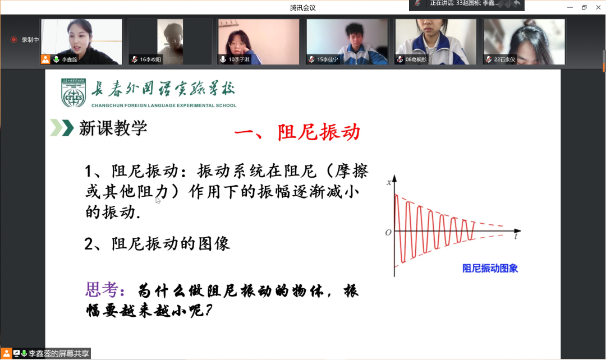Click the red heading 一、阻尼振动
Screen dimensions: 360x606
pos(297,133)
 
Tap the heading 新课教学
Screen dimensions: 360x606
pos(113,128)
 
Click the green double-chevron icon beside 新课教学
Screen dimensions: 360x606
pos(62,128)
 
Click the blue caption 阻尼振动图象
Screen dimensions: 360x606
pos(490,268)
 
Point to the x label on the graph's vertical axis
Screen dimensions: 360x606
pos(388,182)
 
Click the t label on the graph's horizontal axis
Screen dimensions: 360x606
pos(516,237)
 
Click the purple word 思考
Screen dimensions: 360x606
pos(102,289)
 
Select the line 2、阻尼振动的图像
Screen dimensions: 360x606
pos(157,243)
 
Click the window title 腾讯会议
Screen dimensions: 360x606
pos(303,7)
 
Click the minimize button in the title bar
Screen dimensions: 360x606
pos(570,7)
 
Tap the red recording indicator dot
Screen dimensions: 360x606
pos(13,40)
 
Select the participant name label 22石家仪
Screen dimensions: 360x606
pos(504,59)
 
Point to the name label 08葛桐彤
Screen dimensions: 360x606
pos(415,59)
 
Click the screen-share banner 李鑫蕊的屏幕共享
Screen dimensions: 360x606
pos(59,354)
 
